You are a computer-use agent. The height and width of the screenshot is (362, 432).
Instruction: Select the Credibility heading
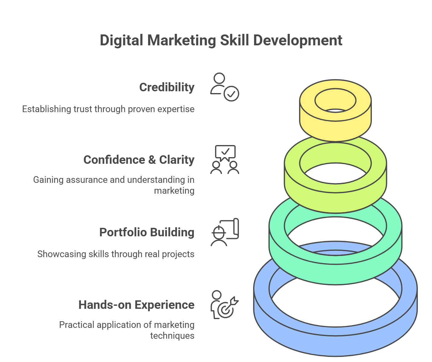point(167,87)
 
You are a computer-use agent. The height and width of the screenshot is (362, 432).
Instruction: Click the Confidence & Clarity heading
point(139,160)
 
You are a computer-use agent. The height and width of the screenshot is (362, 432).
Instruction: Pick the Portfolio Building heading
point(147,232)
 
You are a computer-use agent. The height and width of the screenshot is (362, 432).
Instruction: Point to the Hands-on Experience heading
point(137,305)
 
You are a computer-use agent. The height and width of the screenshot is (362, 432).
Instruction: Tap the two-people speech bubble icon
point(225,160)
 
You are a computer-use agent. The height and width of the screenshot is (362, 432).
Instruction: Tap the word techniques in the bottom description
point(172,336)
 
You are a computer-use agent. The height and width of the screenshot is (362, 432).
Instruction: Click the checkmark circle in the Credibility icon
point(231,94)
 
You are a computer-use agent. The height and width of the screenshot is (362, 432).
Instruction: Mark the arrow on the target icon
point(234,302)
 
